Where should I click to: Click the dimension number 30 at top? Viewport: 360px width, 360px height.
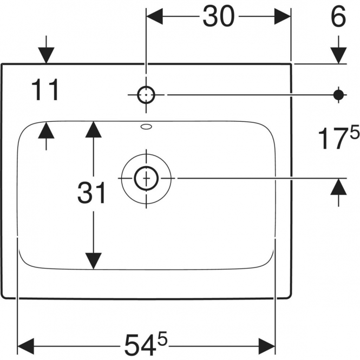(x=219, y=16)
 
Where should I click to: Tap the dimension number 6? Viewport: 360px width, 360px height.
(x=338, y=16)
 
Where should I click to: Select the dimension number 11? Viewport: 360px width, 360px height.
(x=45, y=90)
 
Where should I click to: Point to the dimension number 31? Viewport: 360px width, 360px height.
(x=91, y=193)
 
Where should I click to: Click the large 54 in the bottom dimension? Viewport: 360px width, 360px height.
(x=140, y=345)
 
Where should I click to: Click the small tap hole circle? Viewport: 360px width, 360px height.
(x=146, y=95)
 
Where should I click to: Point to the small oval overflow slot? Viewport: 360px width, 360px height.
(x=147, y=127)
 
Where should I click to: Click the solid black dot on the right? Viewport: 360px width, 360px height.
(x=338, y=95)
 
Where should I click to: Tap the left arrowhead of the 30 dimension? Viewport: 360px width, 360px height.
(x=154, y=16)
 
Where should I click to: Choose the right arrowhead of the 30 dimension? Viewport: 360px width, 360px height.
(x=283, y=16)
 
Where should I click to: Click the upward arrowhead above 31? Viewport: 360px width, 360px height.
(x=94, y=129)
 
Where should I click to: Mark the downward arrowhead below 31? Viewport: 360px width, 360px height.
(x=94, y=261)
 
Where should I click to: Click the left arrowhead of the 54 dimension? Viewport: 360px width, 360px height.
(x=26, y=346)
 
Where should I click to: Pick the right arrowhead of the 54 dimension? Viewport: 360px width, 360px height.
(x=267, y=346)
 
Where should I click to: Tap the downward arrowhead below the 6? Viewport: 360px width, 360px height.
(x=338, y=55)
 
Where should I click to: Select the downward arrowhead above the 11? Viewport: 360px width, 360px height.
(x=46, y=55)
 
